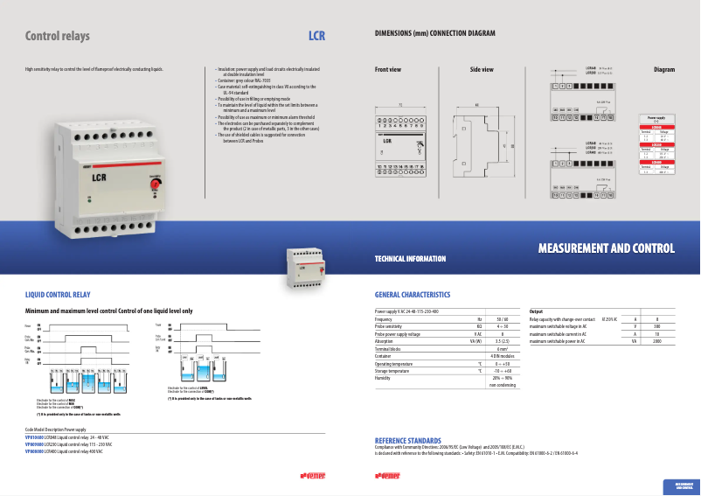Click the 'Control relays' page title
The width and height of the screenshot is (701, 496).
(58, 37)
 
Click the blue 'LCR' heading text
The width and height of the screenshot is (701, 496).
(316, 37)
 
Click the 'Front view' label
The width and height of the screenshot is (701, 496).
(388, 69)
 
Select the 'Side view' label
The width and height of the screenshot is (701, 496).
(482, 69)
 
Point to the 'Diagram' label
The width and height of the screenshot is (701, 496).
(664, 69)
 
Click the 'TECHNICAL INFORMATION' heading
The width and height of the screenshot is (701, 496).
(410, 259)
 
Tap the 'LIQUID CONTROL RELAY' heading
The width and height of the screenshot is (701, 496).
(58, 296)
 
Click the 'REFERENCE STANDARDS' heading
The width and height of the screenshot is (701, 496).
(407, 440)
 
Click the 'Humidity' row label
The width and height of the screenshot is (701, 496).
(384, 377)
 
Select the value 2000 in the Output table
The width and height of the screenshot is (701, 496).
(656, 341)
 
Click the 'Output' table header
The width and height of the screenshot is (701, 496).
(537, 311)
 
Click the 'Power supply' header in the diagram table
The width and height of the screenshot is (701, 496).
(656, 116)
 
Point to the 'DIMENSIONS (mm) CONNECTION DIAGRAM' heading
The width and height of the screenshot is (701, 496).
(434, 32)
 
